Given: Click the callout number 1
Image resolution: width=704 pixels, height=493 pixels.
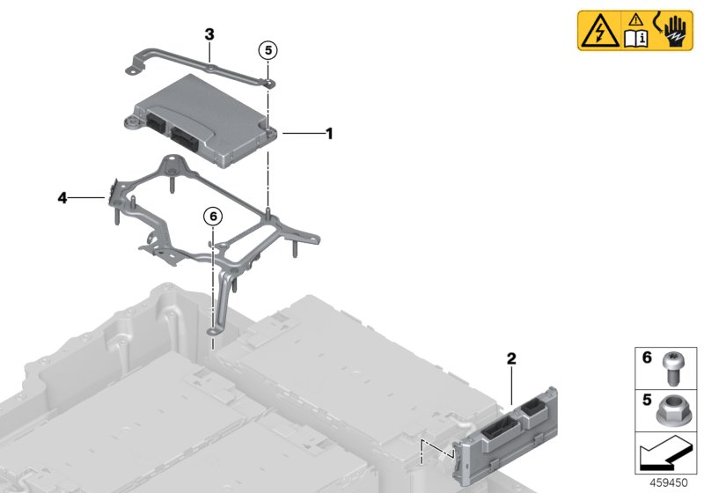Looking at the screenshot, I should (x=329, y=134).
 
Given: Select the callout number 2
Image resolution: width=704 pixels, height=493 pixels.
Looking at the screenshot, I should (x=510, y=359).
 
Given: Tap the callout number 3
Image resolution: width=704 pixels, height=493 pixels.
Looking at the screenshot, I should (x=209, y=34).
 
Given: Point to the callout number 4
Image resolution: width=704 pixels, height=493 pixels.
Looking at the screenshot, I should (x=62, y=198).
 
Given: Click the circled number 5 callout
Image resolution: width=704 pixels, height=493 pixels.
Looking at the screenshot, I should (x=268, y=48).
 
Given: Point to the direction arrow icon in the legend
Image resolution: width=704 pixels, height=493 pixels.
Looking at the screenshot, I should (x=665, y=456).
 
